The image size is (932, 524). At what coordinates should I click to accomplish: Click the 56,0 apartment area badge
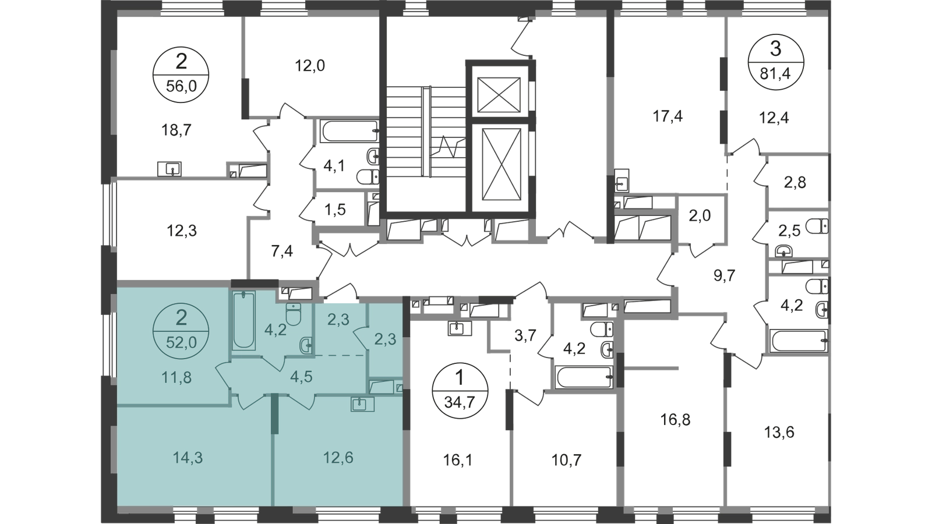tap(181, 75)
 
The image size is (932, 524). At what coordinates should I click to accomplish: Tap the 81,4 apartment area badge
tap(776, 62)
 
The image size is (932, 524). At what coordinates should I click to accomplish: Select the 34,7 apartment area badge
tap(460, 391)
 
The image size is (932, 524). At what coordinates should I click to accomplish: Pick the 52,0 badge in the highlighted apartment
tap(181, 331)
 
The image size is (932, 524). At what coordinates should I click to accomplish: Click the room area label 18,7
tap(176, 130)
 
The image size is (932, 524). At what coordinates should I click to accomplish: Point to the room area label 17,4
tap(668, 116)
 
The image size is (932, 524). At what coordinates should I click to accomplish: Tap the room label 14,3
tap(188, 458)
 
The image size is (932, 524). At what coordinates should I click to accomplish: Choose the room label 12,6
tap(338, 458)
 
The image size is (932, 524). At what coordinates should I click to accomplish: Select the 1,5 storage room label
tap(336, 210)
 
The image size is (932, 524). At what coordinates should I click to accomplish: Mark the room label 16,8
tap(676, 420)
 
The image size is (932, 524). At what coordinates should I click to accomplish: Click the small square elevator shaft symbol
tap(499, 95)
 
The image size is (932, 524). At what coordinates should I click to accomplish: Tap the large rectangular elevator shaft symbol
tap(502, 164)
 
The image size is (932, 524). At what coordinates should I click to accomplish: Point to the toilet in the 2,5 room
tap(817, 226)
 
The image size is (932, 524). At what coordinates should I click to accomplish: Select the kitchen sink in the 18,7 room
tap(170, 169)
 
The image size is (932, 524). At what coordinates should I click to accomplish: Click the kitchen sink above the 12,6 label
tap(362, 404)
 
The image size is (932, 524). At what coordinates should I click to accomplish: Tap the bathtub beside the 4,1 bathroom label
tap(349, 131)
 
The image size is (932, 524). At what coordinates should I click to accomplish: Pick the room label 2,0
tap(700, 215)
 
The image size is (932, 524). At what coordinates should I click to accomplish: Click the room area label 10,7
tap(566, 460)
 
